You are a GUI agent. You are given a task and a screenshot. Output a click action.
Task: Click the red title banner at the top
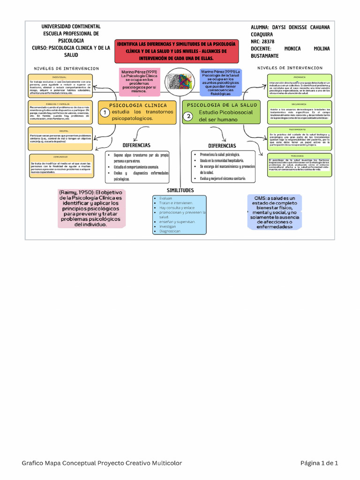176,50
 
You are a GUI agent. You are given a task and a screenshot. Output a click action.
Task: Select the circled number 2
188,116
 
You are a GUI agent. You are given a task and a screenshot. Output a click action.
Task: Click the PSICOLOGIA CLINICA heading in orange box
137,105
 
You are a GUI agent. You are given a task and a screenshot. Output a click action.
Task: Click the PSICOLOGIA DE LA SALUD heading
222,105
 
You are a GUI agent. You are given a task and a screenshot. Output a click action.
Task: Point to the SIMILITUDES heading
180,190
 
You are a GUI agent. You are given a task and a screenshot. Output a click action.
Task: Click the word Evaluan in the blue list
166,198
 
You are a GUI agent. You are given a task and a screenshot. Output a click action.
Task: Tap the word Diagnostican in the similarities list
170,231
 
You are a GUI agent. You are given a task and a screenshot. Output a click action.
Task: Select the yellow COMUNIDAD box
60,165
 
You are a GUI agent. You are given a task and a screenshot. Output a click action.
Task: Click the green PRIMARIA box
300,85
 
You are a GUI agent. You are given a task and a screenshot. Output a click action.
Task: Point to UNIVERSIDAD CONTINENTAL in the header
71,27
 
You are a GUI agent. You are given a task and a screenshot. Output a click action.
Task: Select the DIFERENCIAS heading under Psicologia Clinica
136,145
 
